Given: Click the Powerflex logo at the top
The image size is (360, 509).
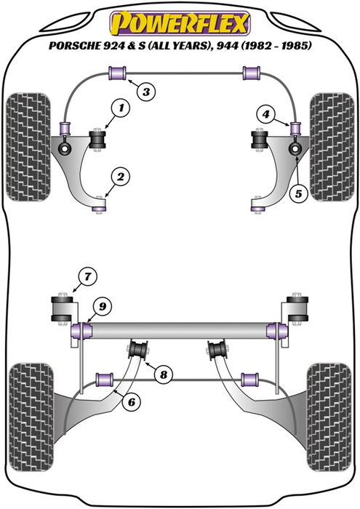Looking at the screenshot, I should pyautogui.click(x=180, y=22).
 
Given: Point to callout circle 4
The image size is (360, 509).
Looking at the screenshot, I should pyautogui.click(x=267, y=113).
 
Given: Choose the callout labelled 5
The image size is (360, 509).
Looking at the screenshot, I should pyautogui.click(x=297, y=193).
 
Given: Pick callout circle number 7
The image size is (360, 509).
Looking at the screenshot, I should pyautogui.click(x=87, y=277).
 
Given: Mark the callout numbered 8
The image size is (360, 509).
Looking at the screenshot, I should pyautogui.click(x=164, y=375).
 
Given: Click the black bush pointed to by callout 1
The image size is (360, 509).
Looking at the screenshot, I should pyautogui.click(x=97, y=138).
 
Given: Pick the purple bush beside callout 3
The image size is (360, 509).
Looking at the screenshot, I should pyautogui.click(x=116, y=73).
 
